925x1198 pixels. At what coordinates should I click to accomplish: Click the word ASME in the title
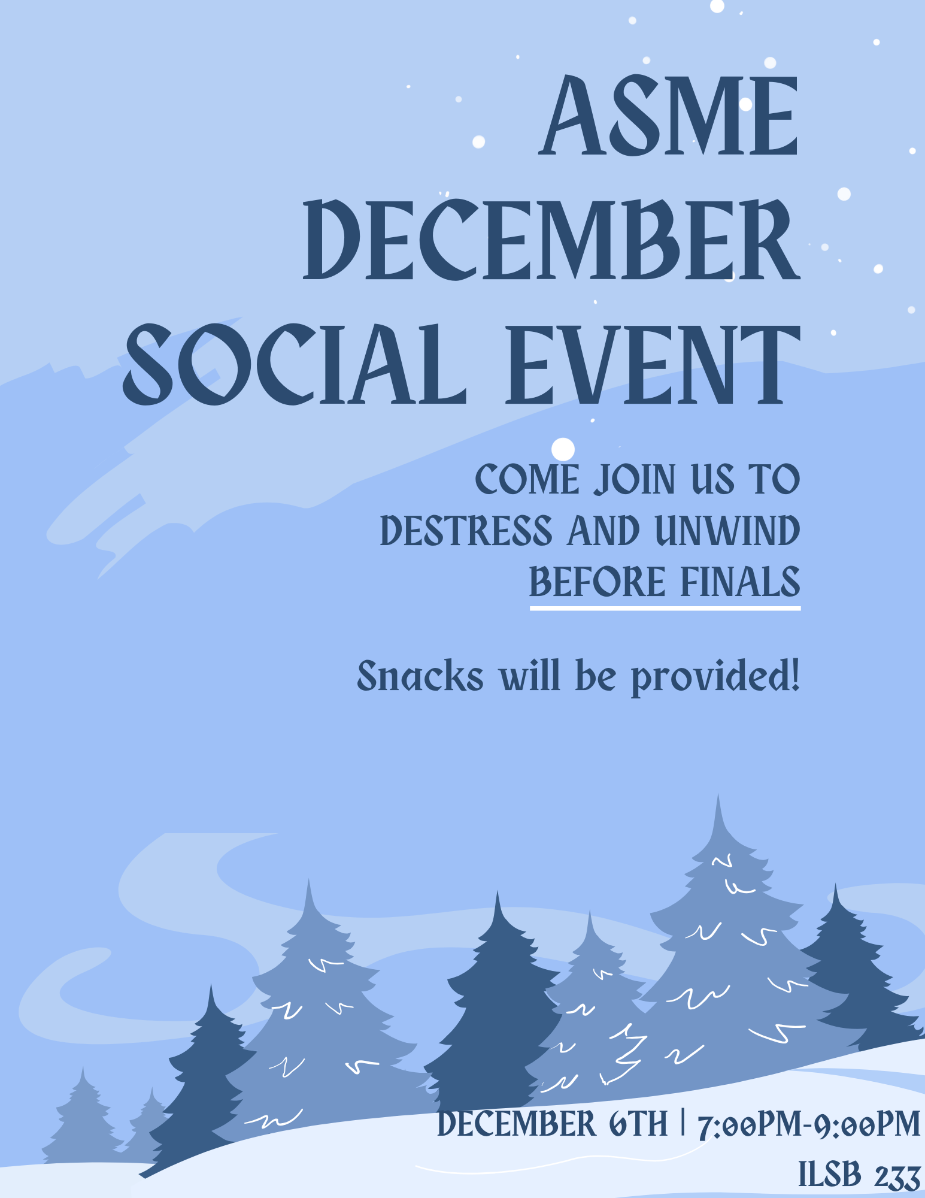[x=669, y=115]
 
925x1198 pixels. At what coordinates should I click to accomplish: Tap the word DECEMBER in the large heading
[x=551, y=240]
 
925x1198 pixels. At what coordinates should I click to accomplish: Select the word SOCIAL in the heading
[x=295, y=364]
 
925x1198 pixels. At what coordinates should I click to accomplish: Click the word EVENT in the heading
[x=653, y=364]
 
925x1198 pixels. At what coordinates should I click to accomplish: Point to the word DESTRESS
[x=466, y=531]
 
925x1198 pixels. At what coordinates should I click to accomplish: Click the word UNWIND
[x=727, y=531]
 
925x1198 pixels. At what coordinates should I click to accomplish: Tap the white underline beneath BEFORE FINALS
[x=665, y=609]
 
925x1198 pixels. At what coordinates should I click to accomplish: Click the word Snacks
[x=420, y=676]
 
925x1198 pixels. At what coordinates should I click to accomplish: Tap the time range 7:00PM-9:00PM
[x=809, y=1124]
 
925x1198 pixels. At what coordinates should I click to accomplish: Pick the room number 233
[x=897, y=1176]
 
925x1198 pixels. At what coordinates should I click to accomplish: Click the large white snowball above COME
[x=563, y=449]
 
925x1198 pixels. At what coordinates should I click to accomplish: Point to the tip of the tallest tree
[x=718, y=794]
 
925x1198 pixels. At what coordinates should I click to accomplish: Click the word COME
[x=527, y=479]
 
